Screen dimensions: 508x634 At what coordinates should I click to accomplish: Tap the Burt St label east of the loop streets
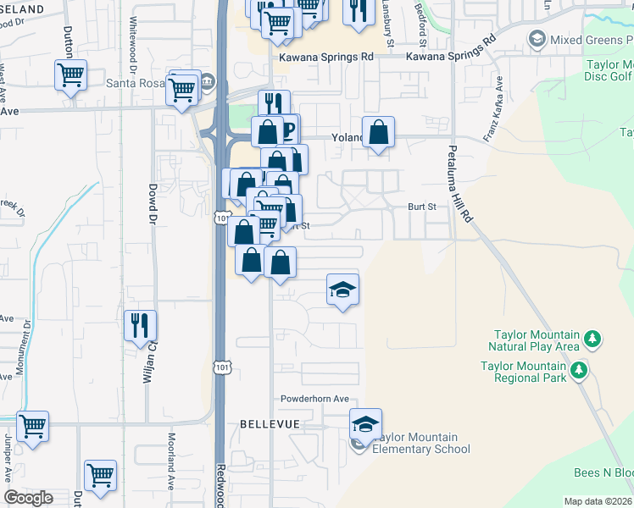tap(420, 206)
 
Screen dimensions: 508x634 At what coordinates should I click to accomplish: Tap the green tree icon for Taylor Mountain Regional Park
tap(578, 370)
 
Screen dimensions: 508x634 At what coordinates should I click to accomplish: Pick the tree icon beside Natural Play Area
tap(593, 340)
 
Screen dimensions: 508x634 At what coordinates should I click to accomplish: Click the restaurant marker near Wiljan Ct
tap(140, 325)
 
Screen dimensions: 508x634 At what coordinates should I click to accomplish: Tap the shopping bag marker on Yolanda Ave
tap(378, 131)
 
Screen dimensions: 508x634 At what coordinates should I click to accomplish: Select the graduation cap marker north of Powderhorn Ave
tap(342, 290)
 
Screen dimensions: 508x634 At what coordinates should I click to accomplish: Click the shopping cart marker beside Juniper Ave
tap(32, 426)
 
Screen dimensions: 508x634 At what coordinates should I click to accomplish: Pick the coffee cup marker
tap(287, 130)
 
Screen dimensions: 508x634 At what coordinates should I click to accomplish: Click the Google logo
tap(27, 498)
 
